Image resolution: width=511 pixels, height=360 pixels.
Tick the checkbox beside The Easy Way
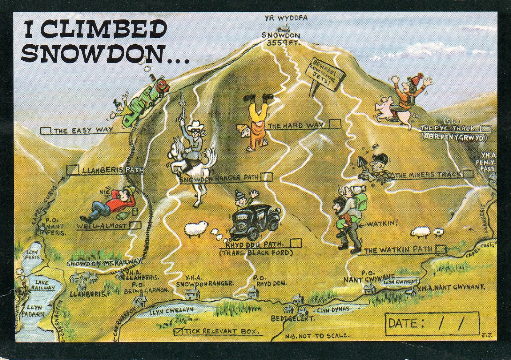[x=46, y=131]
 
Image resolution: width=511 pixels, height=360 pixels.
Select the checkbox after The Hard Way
[x=335, y=124]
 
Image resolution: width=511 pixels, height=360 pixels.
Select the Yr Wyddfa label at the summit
[x=286, y=18]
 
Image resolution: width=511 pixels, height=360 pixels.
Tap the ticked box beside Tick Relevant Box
[x=178, y=332]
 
